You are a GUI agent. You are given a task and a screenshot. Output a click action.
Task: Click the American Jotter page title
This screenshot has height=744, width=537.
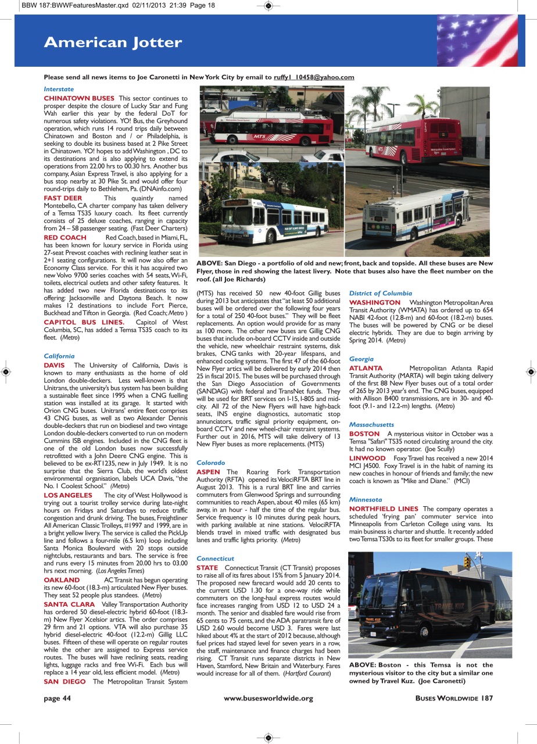[113, 42]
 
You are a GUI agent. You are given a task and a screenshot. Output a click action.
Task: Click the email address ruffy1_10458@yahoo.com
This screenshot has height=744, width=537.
[314, 77]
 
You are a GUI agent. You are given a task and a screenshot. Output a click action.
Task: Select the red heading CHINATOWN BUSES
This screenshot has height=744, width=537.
[79, 99]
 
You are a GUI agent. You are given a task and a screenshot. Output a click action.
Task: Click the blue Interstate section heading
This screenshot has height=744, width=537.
[59, 89]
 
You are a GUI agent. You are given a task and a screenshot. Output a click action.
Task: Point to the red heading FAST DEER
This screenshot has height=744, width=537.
[63, 198]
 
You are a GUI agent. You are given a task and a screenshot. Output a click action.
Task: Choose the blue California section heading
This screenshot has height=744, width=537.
[59, 356]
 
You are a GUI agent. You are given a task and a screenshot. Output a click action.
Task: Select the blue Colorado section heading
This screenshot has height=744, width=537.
[210, 463]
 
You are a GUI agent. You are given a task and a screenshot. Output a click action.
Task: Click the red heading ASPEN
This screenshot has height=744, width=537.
[208, 472]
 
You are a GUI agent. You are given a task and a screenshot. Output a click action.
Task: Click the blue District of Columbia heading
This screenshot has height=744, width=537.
[380, 294]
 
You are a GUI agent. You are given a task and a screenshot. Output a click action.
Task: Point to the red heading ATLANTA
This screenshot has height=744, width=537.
[366, 369]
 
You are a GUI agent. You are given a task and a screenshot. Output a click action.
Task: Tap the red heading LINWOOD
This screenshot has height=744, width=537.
[367, 459]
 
